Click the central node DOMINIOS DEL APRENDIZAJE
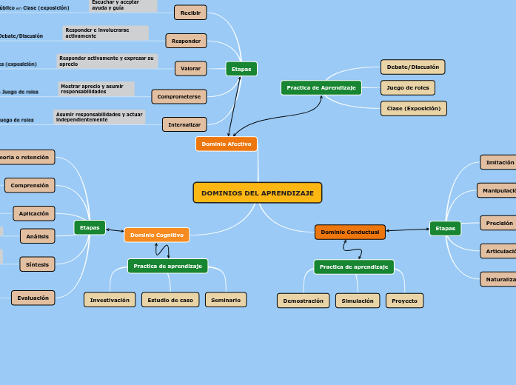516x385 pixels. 257,192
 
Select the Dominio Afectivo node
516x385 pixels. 227,144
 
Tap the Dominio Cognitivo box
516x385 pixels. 156,235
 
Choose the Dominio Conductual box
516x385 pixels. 349,232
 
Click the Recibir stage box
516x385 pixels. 190,13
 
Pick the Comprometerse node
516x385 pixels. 178,96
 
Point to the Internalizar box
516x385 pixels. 184,124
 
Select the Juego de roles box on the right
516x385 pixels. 407,87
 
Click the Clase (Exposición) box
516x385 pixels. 413,108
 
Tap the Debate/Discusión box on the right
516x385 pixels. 412,67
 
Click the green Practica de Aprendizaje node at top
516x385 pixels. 321,87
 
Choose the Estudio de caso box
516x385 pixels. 170,300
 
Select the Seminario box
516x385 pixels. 226,300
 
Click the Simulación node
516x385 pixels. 357,301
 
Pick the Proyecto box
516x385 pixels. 404,301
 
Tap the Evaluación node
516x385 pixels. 33,298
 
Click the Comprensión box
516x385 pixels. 30,185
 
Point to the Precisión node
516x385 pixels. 498,223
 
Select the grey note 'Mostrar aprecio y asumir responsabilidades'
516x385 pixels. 96,89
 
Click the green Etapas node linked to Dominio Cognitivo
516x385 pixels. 90,227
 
